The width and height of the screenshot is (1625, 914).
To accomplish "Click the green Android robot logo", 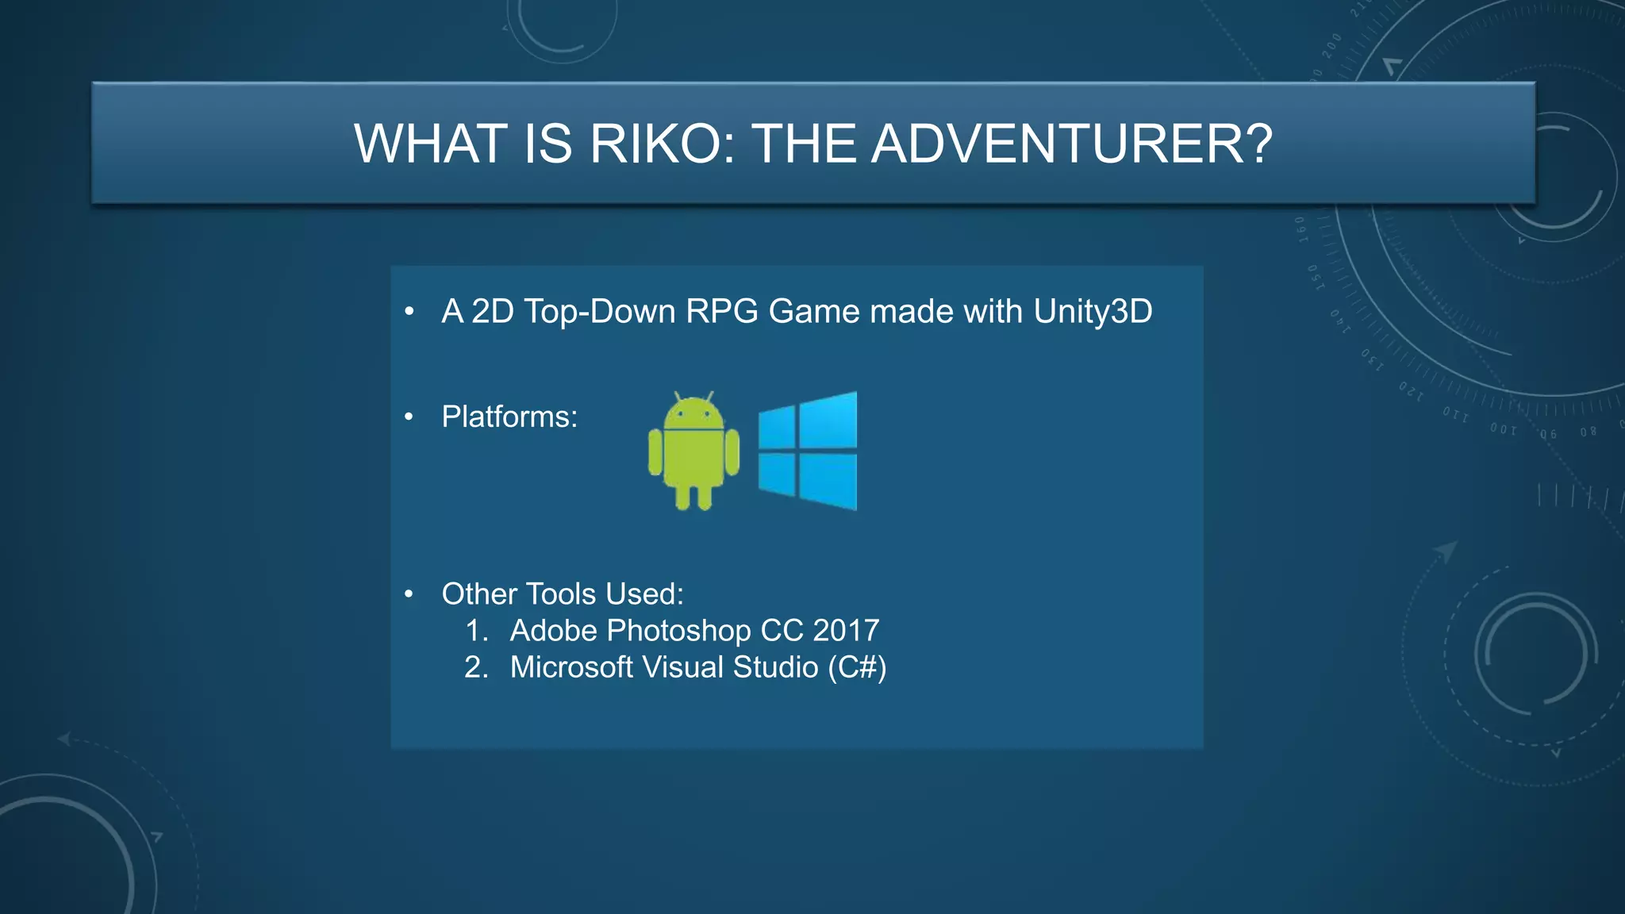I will point(693,451).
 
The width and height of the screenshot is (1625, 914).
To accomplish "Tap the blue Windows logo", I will point(808,451).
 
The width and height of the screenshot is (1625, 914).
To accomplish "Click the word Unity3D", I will point(1093,312).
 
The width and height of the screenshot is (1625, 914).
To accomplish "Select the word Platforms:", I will point(509,417).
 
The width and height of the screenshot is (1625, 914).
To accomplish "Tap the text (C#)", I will point(857,667).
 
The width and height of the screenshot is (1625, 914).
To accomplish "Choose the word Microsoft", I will point(571,667).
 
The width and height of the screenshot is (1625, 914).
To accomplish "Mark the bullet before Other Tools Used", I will point(409,594).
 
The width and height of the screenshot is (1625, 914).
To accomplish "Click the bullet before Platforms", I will point(409,417).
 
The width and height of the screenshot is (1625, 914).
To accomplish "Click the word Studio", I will point(775,667).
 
